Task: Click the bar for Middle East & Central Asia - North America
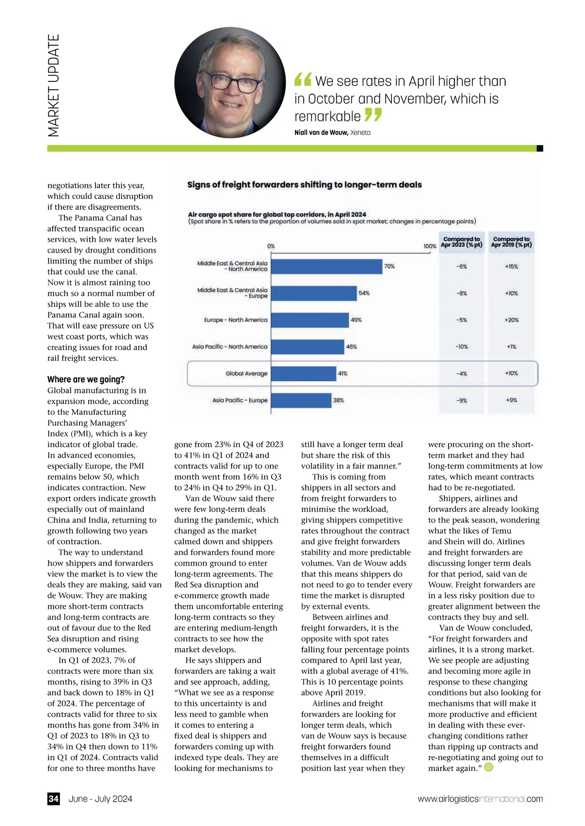point(326,266)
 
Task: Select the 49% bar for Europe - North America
point(310,320)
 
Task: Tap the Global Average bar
point(303,374)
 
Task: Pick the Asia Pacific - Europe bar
point(300,400)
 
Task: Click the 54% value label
point(364,293)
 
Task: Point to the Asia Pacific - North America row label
point(230,347)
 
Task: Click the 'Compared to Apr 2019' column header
point(511,242)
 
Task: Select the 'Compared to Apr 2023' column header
point(461,242)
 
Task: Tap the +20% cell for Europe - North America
point(511,320)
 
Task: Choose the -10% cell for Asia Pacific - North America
point(461,347)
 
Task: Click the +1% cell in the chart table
point(511,347)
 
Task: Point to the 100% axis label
point(429,246)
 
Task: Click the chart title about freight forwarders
point(304,185)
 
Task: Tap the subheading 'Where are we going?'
point(86,379)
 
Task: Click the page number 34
point(54,799)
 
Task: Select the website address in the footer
point(480,799)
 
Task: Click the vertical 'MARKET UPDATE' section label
point(54,85)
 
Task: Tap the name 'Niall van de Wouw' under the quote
point(321,132)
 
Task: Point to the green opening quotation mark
point(303,79)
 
